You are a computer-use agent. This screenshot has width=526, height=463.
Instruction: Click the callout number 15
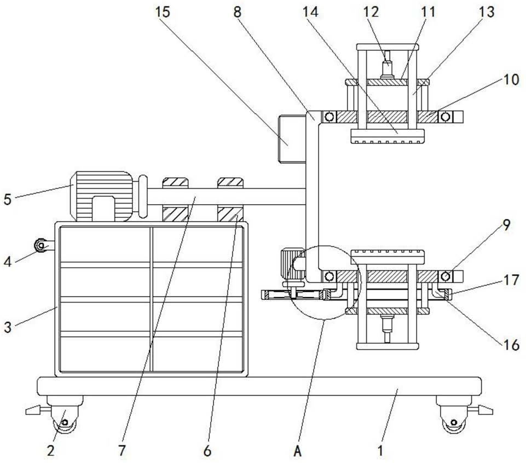(163, 12)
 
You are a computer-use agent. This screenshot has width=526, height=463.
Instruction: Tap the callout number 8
(237, 12)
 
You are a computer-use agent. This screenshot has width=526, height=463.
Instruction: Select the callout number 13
(487, 12)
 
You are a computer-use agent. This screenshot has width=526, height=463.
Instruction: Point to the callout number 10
(511, 79)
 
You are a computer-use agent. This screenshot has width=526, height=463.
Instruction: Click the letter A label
(298, 452)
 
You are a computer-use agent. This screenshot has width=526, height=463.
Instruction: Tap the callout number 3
(8, 327)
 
